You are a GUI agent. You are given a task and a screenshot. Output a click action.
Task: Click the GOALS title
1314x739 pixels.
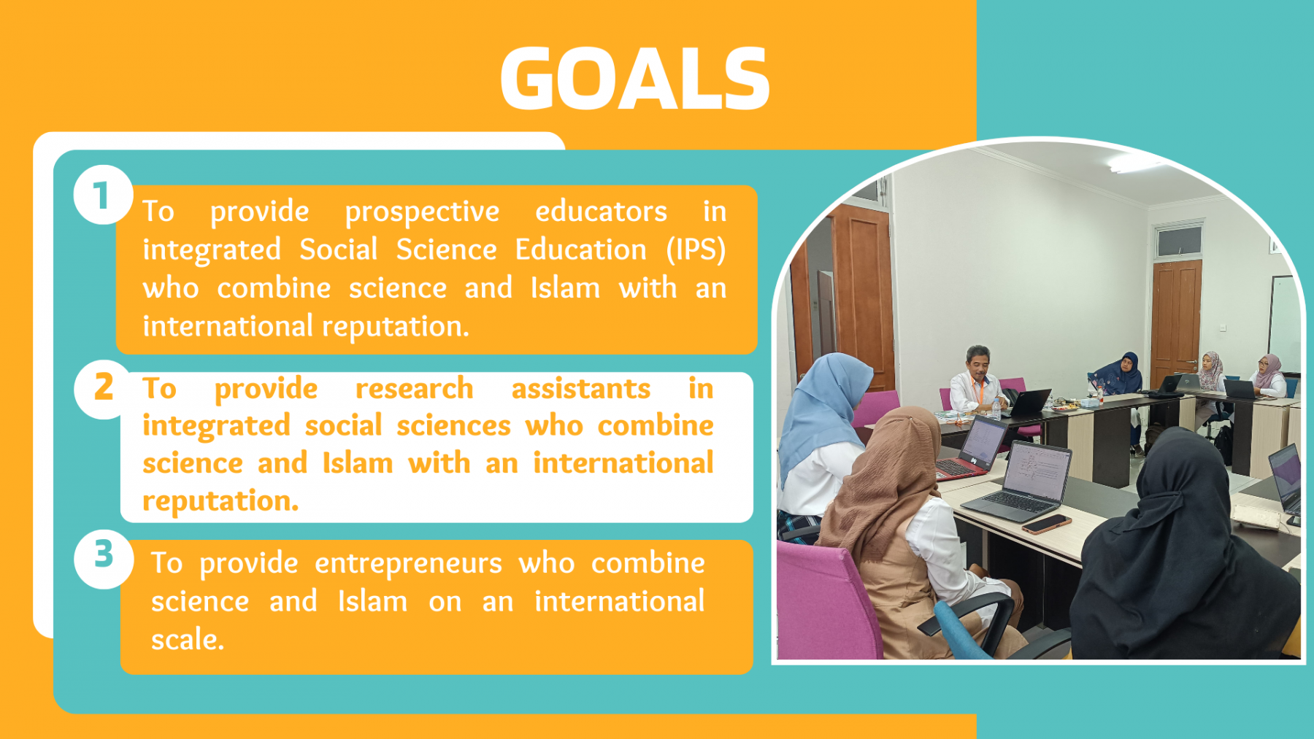(635, 78)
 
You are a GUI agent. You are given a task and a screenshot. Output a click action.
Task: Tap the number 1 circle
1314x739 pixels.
(103, 196)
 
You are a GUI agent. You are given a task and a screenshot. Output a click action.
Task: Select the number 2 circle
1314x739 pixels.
(103, 389)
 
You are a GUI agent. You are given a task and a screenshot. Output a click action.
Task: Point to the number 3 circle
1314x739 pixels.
(104, 559)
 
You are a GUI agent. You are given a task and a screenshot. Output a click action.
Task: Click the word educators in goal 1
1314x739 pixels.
(601, 211)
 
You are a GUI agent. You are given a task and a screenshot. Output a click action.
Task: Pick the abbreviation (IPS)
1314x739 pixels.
(696, 249)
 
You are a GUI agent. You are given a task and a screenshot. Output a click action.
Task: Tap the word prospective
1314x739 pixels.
(422, 212)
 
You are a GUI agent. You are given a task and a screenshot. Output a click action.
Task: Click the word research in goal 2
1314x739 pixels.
(414, 388)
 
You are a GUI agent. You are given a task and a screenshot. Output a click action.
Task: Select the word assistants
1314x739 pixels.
(580, 388)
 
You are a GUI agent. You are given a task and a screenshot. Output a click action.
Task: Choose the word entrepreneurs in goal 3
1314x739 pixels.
(408, 564)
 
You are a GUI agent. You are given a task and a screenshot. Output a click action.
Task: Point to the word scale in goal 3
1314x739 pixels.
(187, 639)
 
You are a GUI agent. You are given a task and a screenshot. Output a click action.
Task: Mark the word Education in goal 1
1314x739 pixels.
(581, 249)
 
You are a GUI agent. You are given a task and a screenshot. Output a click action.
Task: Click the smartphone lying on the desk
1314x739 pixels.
(1046, 524)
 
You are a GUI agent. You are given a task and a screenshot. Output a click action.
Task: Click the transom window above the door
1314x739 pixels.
(1178, 241)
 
